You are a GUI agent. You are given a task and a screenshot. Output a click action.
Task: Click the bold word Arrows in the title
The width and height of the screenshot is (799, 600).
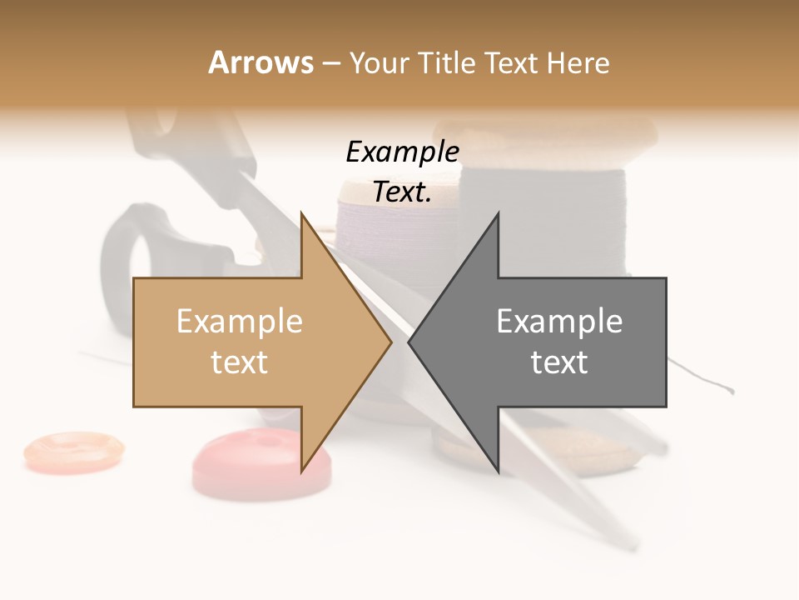[261, 62]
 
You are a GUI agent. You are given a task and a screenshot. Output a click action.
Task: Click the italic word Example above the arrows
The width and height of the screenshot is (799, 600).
[402, 152]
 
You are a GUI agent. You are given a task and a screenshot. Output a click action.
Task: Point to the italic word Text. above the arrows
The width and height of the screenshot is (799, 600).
[402, 192]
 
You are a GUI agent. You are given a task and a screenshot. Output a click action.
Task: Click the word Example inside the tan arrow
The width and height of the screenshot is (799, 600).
[240, 322]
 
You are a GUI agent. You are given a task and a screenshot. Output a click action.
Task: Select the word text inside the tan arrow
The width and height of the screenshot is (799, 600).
[240, 362]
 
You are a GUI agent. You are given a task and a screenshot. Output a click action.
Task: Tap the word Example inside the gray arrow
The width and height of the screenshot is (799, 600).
[559, 322]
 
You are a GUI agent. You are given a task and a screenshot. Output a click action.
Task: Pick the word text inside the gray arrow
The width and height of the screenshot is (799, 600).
[559, 362]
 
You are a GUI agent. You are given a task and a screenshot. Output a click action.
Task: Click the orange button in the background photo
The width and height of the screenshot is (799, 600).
[73, 449]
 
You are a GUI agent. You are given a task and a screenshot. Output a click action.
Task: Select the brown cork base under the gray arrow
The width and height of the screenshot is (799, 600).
[574, 454]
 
